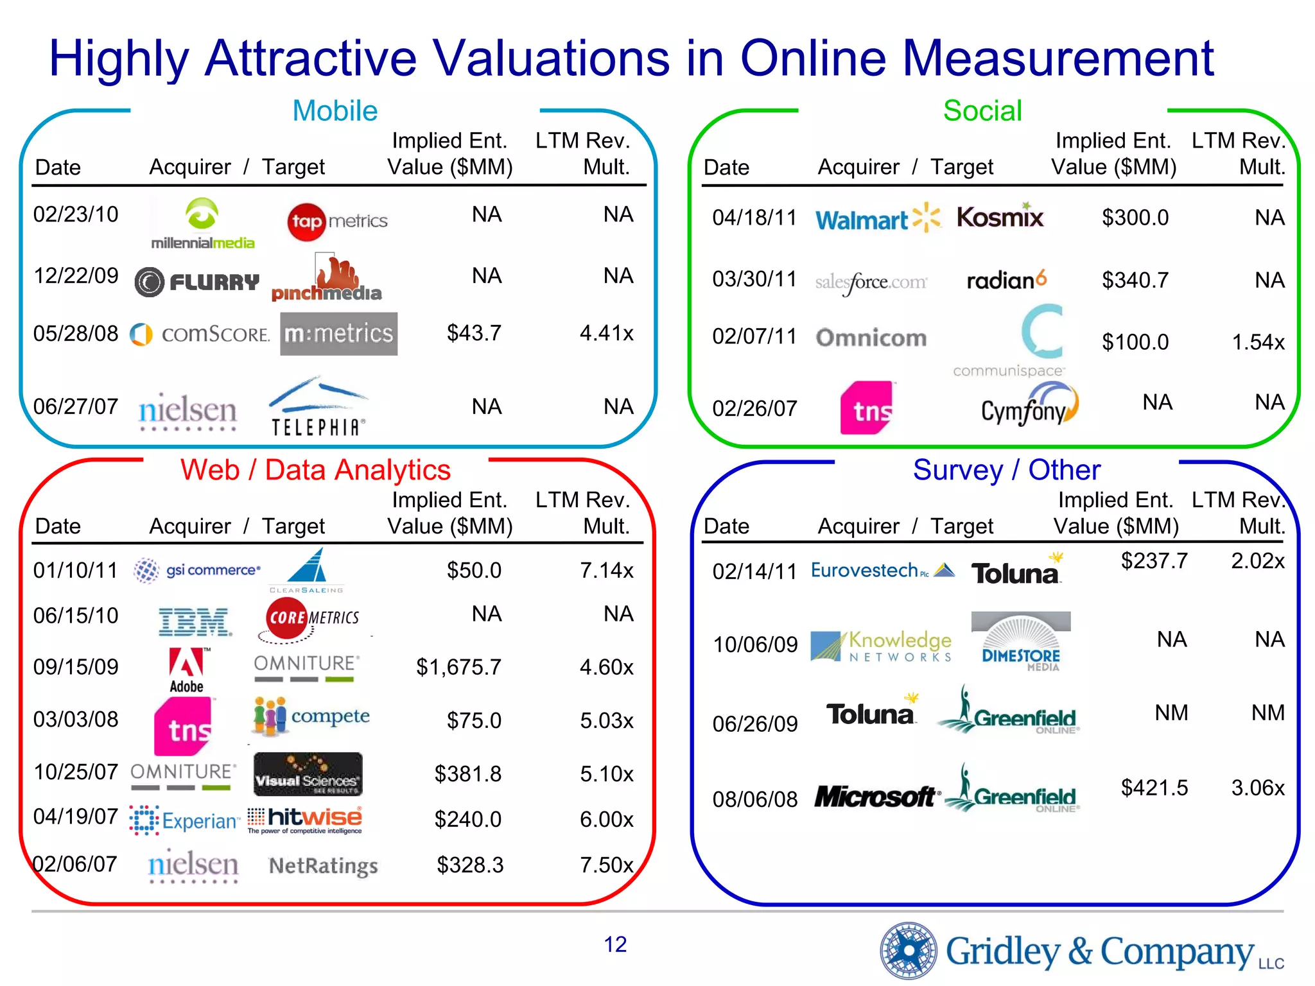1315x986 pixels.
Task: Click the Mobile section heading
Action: coord(335,111)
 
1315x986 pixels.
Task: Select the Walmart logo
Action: coord(876,219)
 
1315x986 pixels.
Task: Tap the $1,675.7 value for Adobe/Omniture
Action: coord(458,667)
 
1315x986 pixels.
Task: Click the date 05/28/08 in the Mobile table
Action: coord(76,334)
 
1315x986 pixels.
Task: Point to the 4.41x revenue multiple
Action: coord(606,333)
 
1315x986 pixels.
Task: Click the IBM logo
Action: coord(195,621)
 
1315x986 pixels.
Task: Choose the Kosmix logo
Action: coord(1000,217)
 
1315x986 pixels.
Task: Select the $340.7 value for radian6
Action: coord(1135,281)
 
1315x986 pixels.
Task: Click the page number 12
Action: coord(614,944)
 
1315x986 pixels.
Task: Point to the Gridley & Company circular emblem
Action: coord(908,951)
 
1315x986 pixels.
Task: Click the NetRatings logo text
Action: coord(323,866)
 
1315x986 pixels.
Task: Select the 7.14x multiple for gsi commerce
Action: coord(606,571)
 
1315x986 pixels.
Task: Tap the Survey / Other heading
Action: coord(1006,470)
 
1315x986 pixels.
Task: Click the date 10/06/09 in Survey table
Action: coord(755,644)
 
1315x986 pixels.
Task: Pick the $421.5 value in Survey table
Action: coord(1154,788)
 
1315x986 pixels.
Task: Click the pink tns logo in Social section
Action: coord(867,408)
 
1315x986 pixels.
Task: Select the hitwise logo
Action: coord(306,818)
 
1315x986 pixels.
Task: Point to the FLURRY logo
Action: coord(197,282)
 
